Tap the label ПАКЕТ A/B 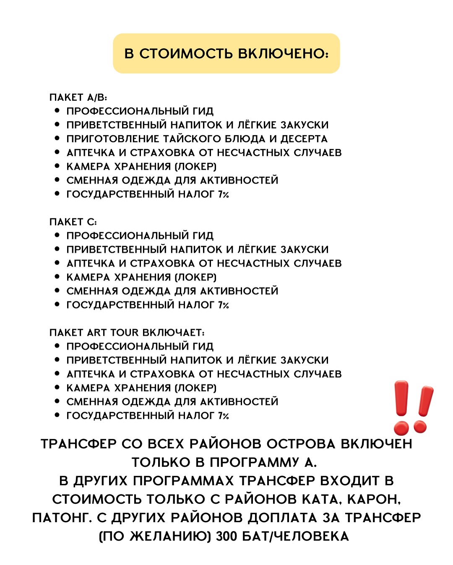click(x=78, y=97)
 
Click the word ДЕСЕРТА click(x=304, y=139)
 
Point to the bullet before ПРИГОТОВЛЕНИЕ click(x=57, y=139)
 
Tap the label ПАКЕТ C click(x=73, y=222)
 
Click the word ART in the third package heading click(x=97, y=333)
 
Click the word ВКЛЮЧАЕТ click(x=173, y=333)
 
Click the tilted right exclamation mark click(x=422, y=409)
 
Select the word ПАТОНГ click(x=62, y=518)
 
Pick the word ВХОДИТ click(x=350, y=481)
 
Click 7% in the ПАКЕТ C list click(x=223, y=305)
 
